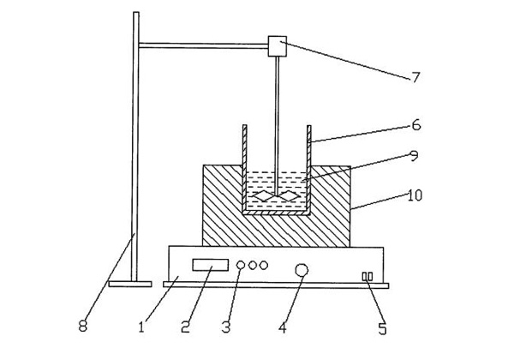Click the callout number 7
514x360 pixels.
416,77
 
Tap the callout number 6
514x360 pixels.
417,124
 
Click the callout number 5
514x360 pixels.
382,327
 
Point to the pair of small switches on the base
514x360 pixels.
368,276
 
